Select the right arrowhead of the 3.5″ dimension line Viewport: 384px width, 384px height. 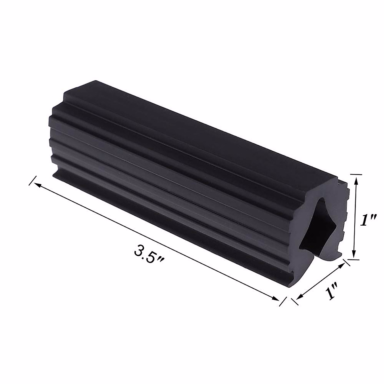[x=276, y=298]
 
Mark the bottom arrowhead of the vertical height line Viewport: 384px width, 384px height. [x=354, y=254]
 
